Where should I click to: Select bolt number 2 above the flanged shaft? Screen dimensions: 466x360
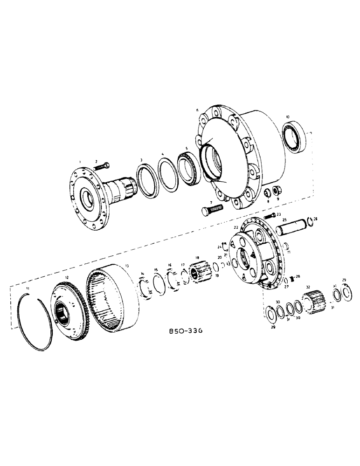(x=103, y=166)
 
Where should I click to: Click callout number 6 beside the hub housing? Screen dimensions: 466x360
(x=197, y=110)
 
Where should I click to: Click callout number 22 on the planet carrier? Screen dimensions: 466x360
(x=236, y=227)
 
